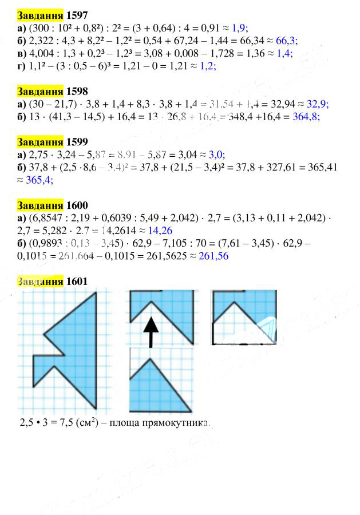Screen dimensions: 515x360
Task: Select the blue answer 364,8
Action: point(306,116)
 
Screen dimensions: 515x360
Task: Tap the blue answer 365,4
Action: point(39,180)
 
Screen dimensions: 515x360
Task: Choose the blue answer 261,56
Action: point(213,256)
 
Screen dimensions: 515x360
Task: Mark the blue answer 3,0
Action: point(215,154)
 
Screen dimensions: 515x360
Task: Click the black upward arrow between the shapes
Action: point(151,332)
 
